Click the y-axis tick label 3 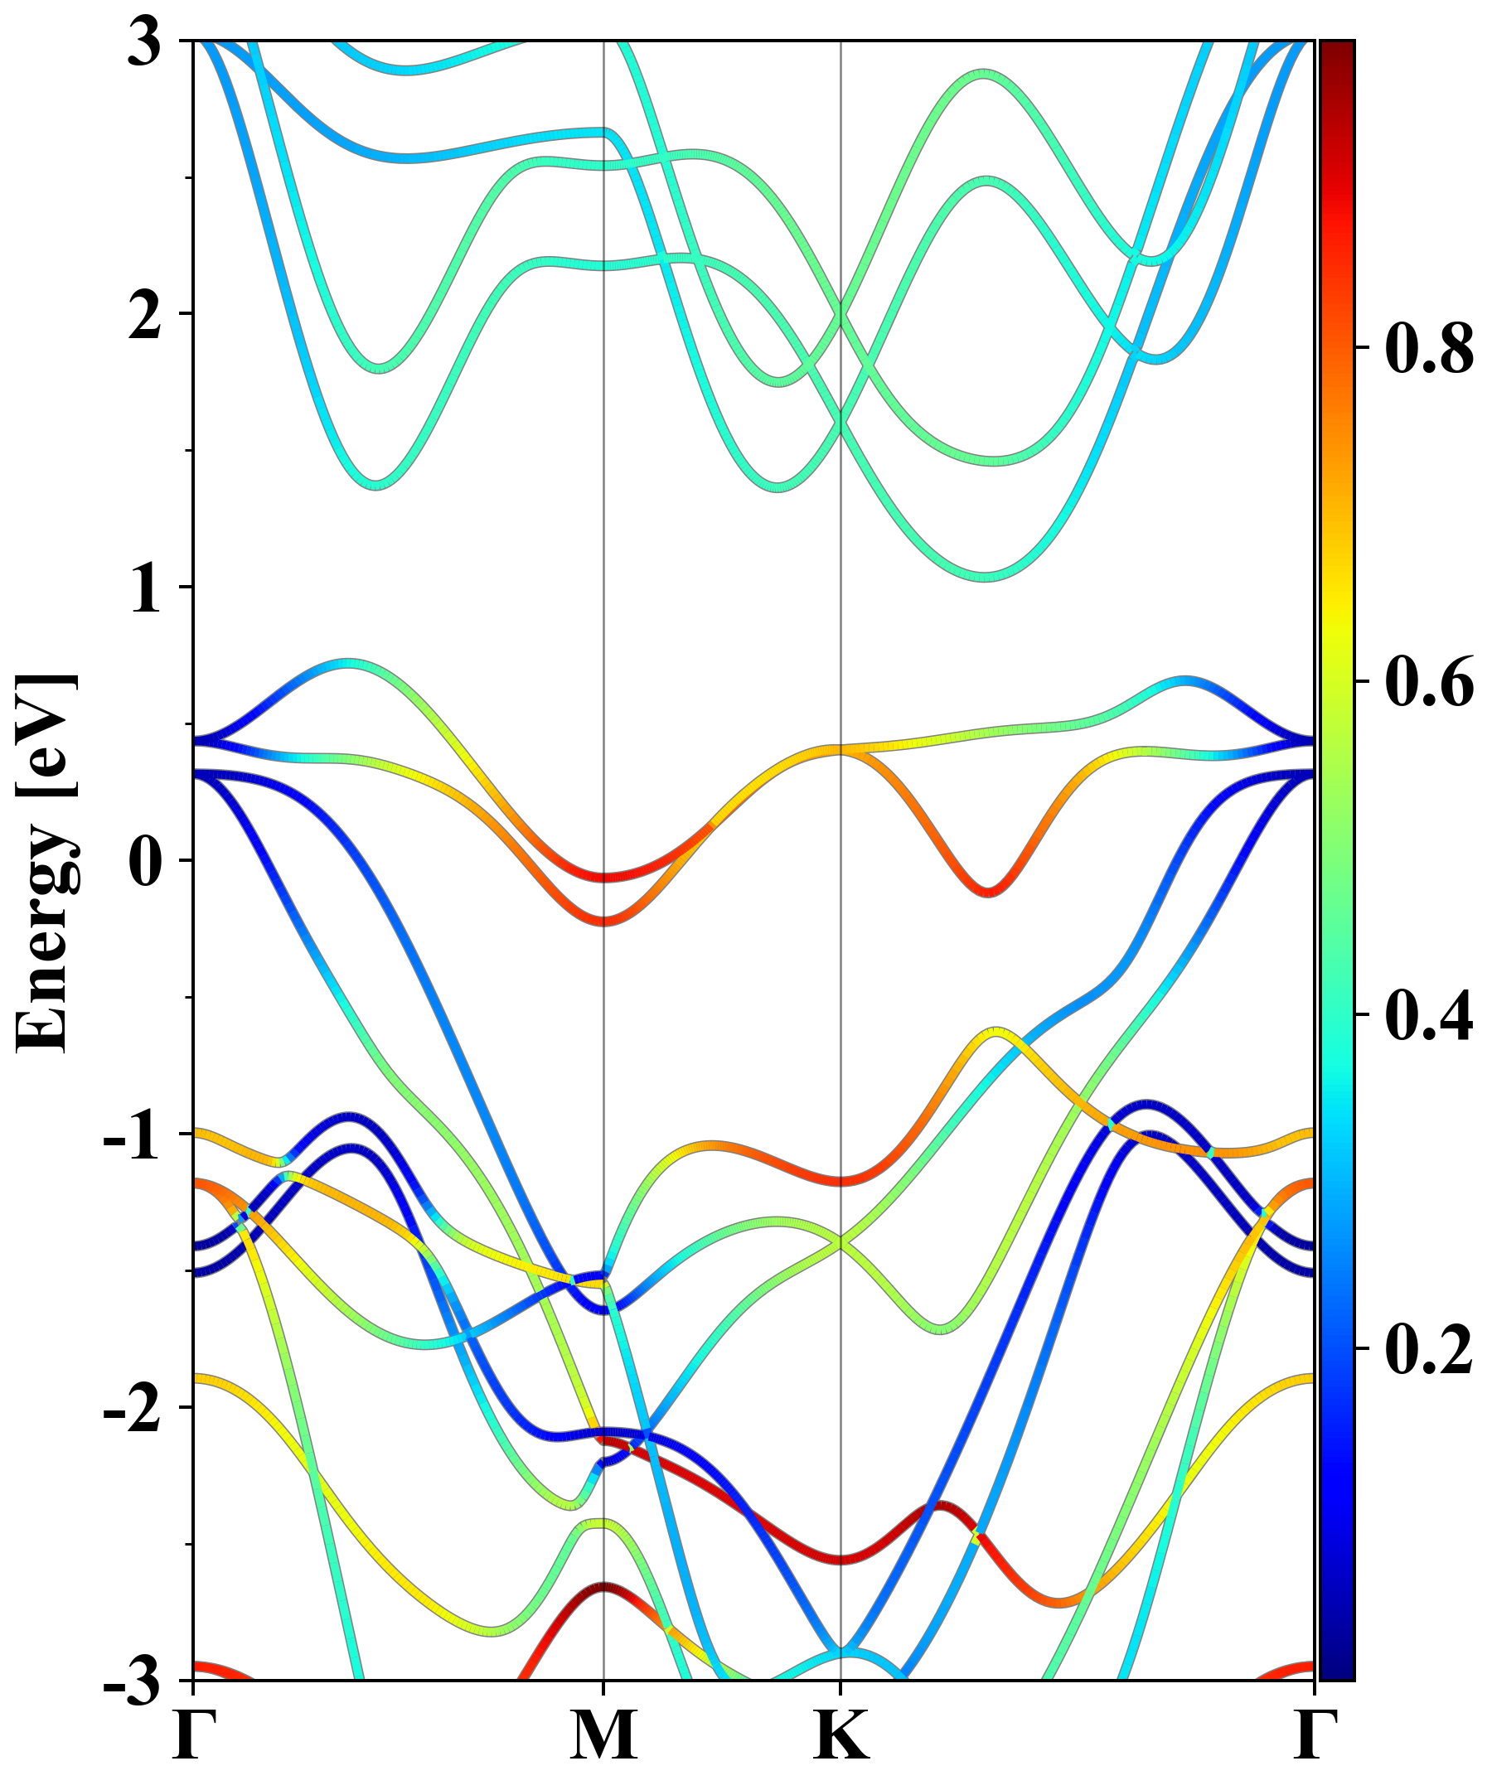145,42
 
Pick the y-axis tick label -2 132,1409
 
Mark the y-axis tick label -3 132,1681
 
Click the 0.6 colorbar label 1429,681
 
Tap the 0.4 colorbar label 1429,1014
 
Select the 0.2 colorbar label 1429,1347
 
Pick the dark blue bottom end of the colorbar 1337,1671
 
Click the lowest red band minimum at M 603,922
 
